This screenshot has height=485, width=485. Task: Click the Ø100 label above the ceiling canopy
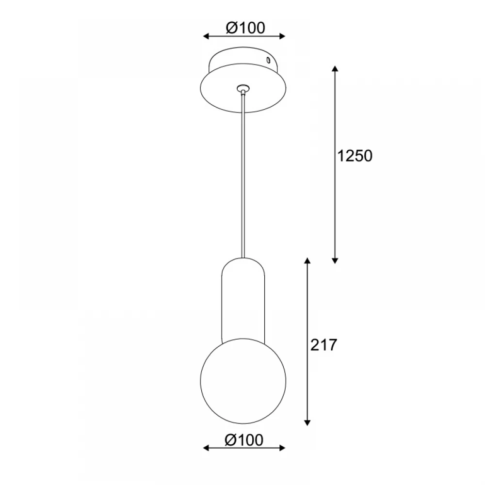pyautogui.click(x=245, y=28)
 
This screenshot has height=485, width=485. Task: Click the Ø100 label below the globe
pyautogui.click(x=244, y=439)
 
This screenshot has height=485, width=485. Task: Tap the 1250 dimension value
pyautogui.click(x=355, y=156)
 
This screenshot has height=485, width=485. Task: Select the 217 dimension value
pyautogui.click(x=323, y=345)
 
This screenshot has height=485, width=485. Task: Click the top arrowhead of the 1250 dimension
pyautogui.click(x=335, y=68)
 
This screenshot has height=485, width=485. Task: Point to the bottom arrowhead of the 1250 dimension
pyautogui.click(x=335, y=261)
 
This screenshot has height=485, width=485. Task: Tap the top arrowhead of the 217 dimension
pyautogui.click(x=307, y=260)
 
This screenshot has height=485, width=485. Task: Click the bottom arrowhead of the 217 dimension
pyautogui.click(x=307, y=422)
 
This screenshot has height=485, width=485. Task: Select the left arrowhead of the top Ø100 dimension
pyautogui.click(x=206, y=36)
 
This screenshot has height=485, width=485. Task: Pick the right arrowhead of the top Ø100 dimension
pyautogui.click(x=282, y=36)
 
